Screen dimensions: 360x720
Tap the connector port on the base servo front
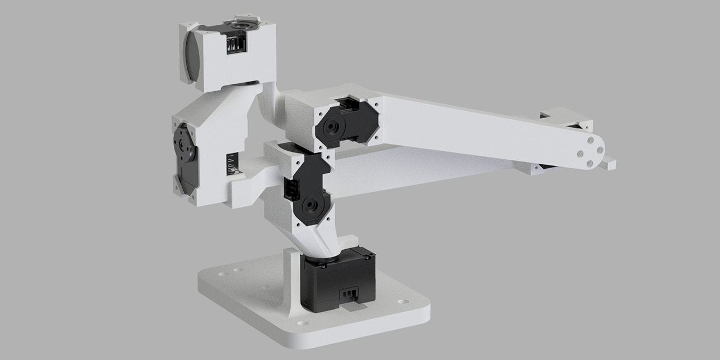click(350, 294)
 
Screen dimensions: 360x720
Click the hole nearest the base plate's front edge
click(304, 323)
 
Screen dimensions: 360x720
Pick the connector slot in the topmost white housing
click(235, 45)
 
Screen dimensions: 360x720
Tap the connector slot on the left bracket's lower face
click(231, 165)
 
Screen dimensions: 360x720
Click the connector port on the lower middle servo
click(292, 190)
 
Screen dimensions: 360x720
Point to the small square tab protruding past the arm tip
click(609, 164)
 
